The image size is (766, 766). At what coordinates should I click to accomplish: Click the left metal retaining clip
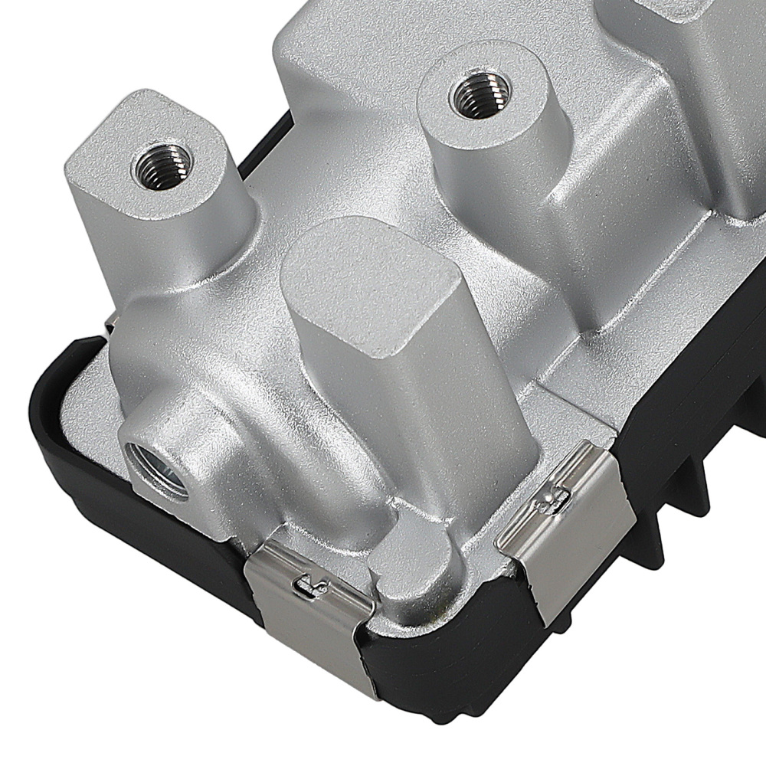306,605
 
